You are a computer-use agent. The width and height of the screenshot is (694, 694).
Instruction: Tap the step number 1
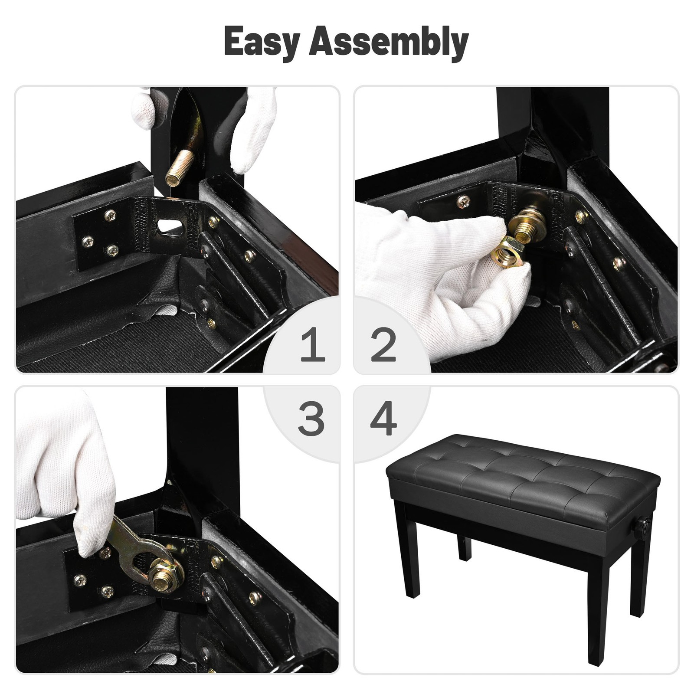(x=312, y=345)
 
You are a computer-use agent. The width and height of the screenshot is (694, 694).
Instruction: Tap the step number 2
(x=383, y=345)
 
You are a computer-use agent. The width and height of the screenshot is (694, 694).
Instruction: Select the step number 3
(x=311, y=419)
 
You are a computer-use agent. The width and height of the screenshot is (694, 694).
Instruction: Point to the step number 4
(x=383, y=419)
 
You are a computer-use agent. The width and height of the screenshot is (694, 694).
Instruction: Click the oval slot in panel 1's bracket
(x=168, y=225)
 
